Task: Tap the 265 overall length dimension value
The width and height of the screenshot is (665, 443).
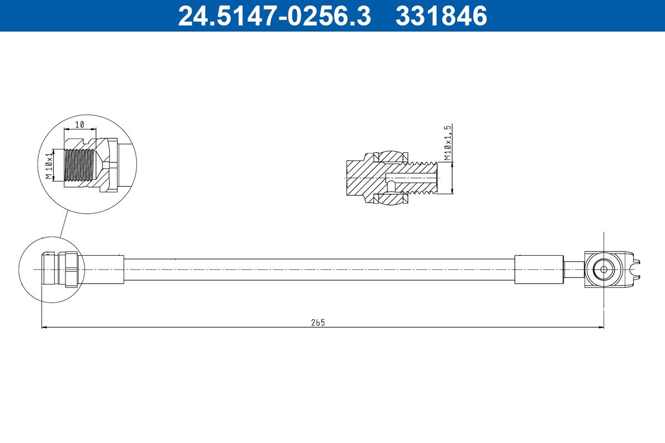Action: click(318, 322)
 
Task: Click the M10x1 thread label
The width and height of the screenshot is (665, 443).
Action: click(49, 166)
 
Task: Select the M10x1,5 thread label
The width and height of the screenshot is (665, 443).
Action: click(448, 143)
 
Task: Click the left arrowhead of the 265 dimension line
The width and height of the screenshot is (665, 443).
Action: click(44, 327)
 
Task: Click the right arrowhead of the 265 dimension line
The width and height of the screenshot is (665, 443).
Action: click(601, 327)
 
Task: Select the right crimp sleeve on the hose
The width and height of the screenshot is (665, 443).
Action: click(539, 270)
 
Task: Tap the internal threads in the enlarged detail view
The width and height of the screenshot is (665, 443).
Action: click(77, 166)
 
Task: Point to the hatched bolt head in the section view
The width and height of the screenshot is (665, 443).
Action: click(360, 177)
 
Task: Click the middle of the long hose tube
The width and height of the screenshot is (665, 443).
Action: click(319, 270)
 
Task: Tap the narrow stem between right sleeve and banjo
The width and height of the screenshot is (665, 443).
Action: click(573, 270)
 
